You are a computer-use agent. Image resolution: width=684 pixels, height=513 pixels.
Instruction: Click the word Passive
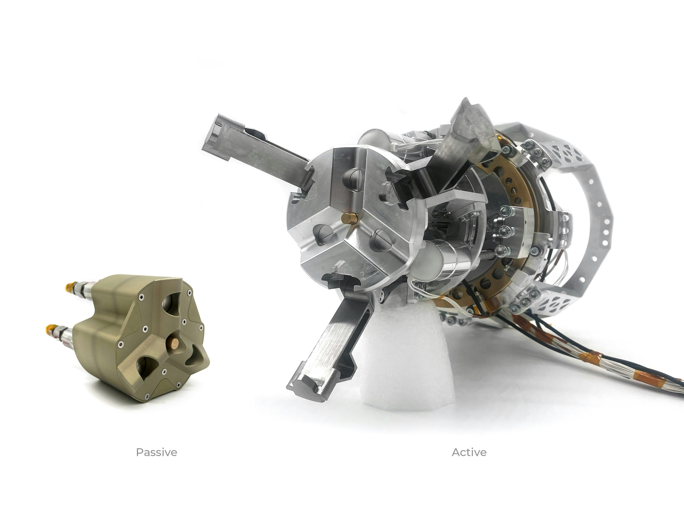(156, 452)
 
